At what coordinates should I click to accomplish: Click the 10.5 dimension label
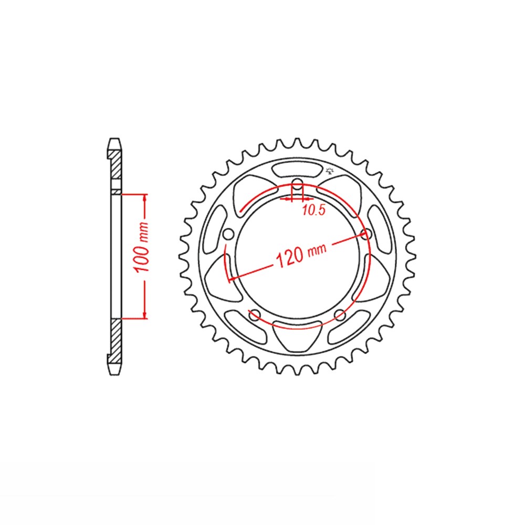[314, 211]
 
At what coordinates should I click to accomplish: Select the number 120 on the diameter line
[290, 257]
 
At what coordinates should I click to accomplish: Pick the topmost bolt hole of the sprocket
[297, 183]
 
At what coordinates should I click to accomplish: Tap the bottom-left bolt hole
[255, 314]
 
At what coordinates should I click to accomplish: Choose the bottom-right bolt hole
[340, 314]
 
